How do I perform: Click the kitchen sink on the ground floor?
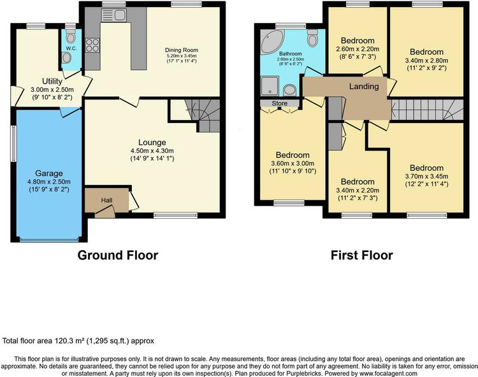coord(113,15)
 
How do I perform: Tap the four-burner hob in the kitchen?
coord(92,45)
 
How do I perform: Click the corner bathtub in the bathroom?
coord(272,41)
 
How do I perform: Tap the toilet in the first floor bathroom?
coord(312,38)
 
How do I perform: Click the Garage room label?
coord(49,174)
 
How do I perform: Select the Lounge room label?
coord(152,142)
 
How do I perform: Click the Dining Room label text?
coord(182,50)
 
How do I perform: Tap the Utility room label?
coord(52,81)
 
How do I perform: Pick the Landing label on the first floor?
coord(364,87)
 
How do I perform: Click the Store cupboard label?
coord(280,103)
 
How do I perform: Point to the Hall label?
coord(106,200)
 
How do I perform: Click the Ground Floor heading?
coord(118,255)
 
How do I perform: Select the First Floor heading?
coord(362,255)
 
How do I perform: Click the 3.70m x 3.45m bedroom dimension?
coord(426,176)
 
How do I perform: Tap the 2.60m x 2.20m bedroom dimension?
coord(358,49)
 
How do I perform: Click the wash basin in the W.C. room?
coord(66,57)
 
